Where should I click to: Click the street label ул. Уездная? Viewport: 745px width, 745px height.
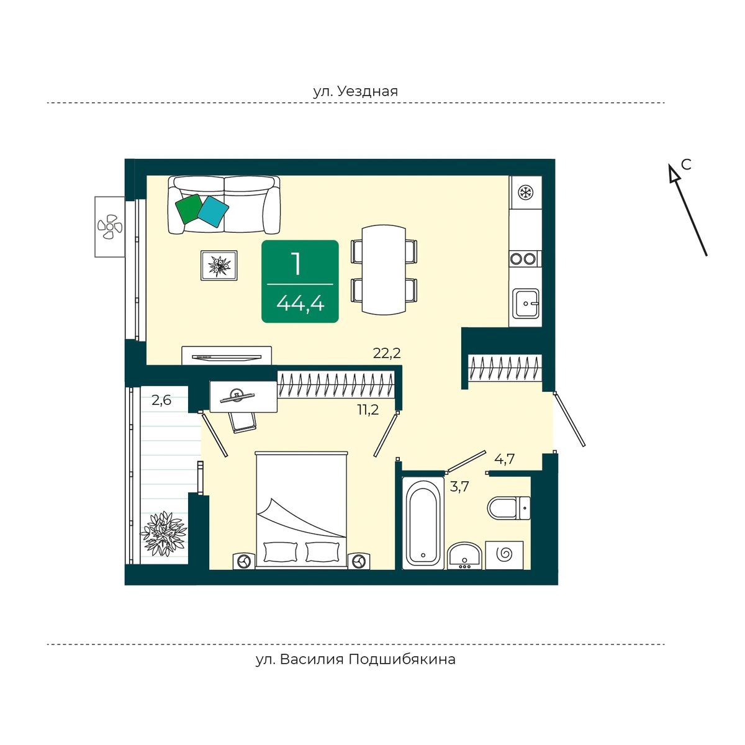(355, 91)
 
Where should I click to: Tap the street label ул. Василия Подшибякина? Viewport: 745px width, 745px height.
(355, 659)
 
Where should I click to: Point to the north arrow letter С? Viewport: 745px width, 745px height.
(686, 165)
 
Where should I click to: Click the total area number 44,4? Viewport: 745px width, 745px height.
(300, 304)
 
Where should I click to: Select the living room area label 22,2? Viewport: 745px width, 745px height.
(387, 354)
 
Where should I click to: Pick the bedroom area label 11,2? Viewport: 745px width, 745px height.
(368, 409)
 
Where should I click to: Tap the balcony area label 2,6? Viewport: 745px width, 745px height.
(161, 400)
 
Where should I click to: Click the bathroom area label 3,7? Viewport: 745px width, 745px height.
(459, 487)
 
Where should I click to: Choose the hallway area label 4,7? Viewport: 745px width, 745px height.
(504, 460)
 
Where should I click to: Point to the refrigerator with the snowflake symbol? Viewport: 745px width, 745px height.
(526, 192)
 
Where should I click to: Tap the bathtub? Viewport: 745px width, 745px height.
(423, 521)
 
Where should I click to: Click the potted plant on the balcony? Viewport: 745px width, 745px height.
(163, 533)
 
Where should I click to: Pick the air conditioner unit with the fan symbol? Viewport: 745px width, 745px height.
(110, 227)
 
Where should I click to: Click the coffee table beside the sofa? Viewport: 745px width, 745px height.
(219, 266)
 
